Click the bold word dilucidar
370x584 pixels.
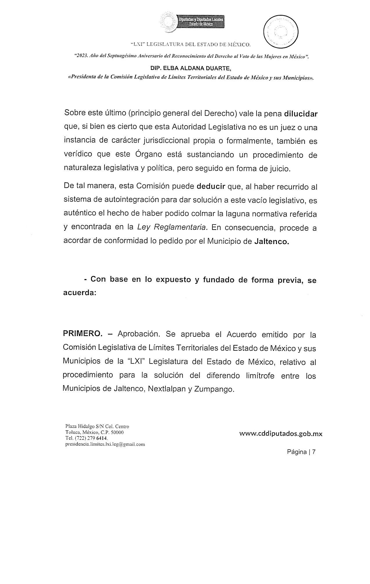(301, 114)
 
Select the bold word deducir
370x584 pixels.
(211, 186)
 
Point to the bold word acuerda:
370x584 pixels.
(80, 293)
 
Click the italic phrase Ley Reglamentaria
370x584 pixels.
(172, 227)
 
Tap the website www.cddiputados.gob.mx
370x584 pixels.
(281, 434)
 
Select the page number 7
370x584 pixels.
(314, 452)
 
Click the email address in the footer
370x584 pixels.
(105, 444)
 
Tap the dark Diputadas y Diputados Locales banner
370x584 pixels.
(201, 22)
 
